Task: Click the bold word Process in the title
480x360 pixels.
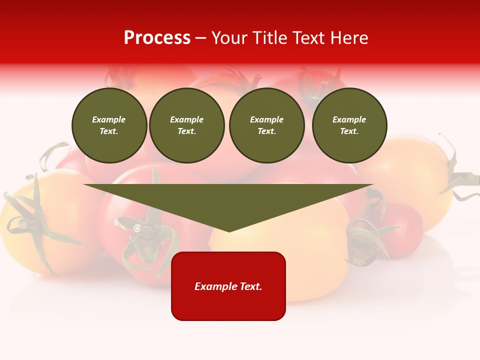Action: (x=157, y=38)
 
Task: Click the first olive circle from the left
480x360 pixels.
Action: (x=109, y=125)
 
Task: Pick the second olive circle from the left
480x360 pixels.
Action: (x=187, y=125)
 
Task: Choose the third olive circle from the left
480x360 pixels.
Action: (x=266, y=125)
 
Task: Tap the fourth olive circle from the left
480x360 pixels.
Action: (x=349, y=125)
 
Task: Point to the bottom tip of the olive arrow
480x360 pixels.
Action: (x=229, y=230)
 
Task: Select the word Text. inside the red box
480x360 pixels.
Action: (x=249, y=286)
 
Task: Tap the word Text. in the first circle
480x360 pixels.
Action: (x=109, y=131)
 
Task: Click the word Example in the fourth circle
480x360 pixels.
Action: (x=349, y=119)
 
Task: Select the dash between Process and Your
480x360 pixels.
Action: (x=201, y=38)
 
